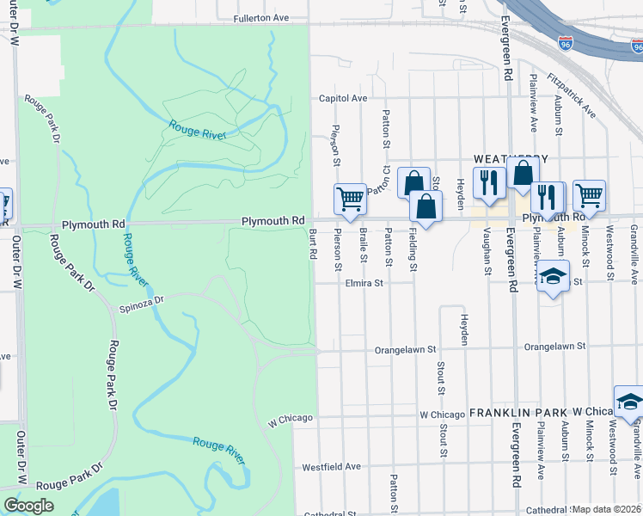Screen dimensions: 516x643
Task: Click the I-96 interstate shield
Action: (566, 42)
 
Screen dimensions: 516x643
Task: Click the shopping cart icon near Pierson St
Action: (350, 199)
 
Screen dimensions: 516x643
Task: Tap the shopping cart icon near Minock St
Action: (589, 195)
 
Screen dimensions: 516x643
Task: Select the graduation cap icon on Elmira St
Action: (554, 276)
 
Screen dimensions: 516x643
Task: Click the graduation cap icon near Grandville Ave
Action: (628, 401)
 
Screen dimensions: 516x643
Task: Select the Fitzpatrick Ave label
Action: (575, 94)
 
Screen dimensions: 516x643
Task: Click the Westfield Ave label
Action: (332, 467)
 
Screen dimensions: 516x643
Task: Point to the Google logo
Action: (28, 506)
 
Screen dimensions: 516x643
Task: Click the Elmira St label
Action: (364, 281)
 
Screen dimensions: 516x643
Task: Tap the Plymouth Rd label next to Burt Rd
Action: (273, 221)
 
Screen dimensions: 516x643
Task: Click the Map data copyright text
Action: (607, 509)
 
